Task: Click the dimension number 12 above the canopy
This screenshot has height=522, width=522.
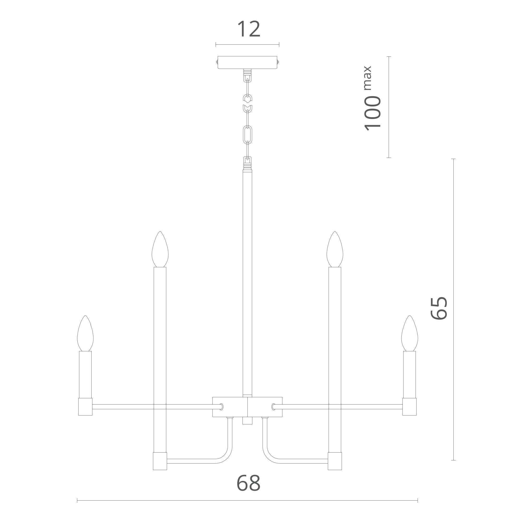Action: click(248, 29)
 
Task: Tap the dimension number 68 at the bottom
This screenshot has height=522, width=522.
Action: click(248, 483)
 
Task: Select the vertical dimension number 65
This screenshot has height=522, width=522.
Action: click(439, 308)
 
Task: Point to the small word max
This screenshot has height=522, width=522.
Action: click(368, 78)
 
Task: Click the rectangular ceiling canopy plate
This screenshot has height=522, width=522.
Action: click(247, 62)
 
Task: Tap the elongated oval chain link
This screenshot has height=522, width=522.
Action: click(247, 133)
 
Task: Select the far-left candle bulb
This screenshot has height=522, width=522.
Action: click(85, 333)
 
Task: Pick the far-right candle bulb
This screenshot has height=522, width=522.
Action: click(410, 333)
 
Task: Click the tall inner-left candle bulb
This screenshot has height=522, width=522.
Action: click(160, 249)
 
